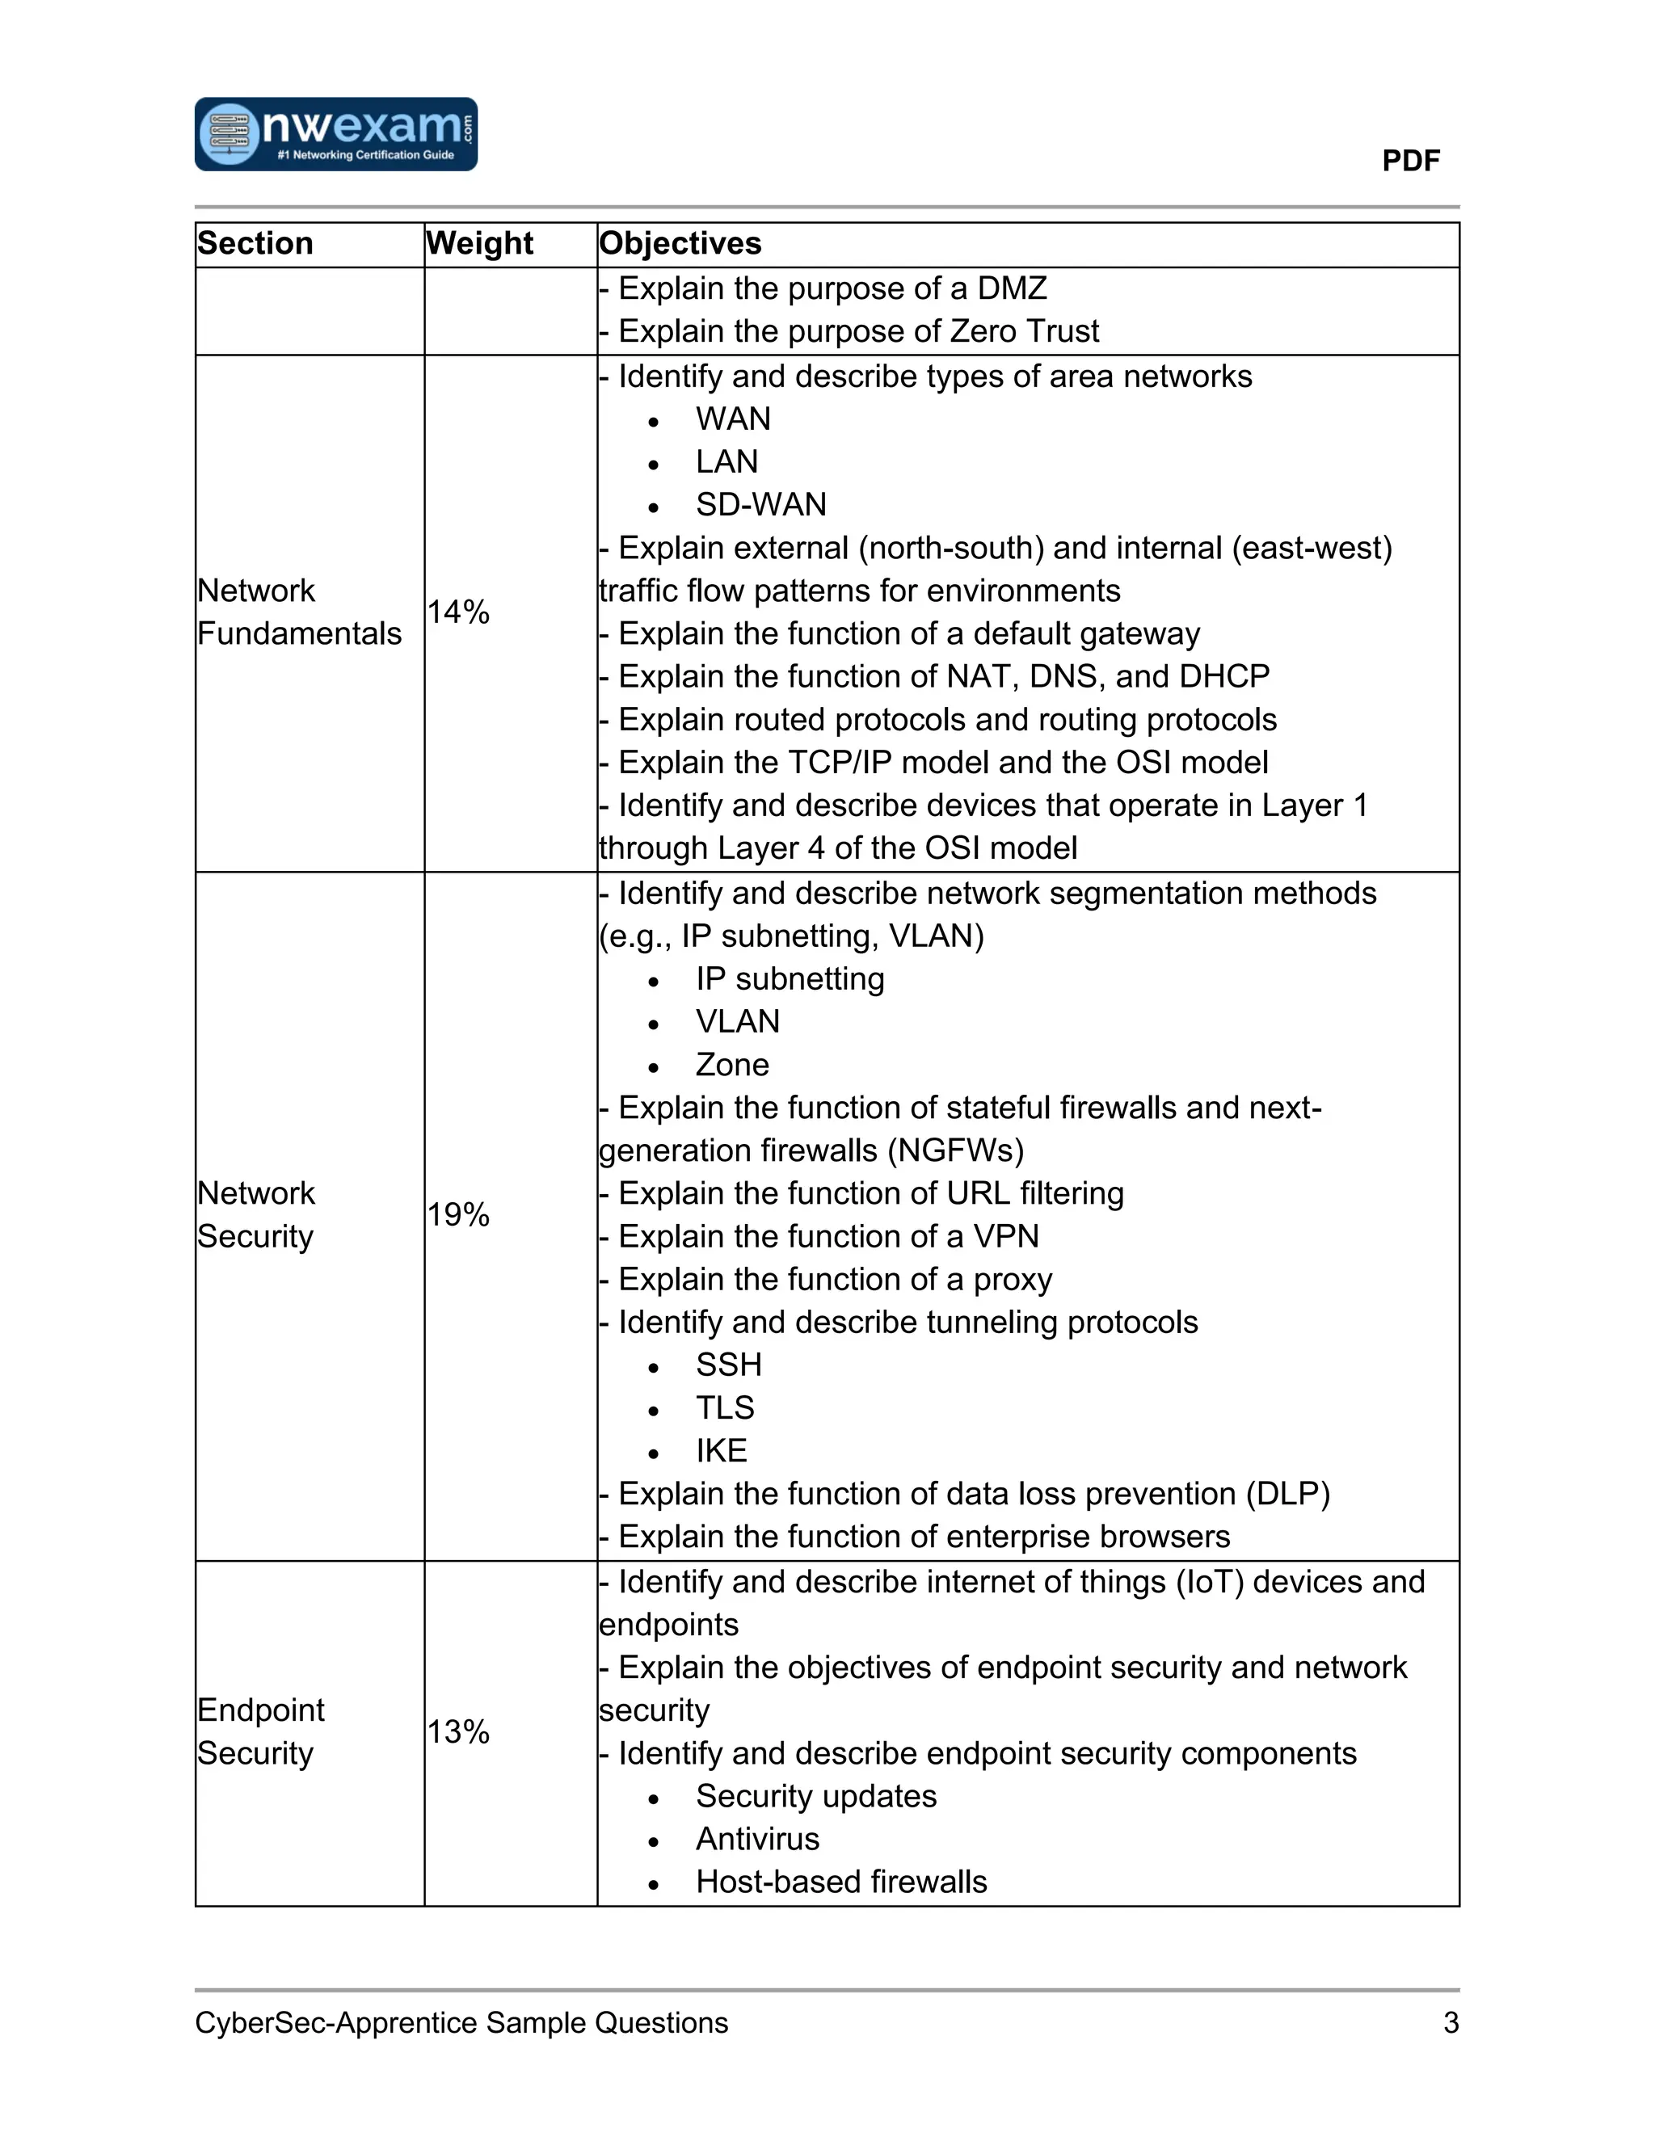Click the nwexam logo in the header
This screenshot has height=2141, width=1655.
click(x=335, y=134)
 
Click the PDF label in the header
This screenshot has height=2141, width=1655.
click(x=1410, y=161)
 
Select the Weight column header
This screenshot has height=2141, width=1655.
click(x=479, y=243)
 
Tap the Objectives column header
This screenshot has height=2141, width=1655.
click(x=680, y=243)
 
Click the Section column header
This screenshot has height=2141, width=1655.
click(x=255, y=243)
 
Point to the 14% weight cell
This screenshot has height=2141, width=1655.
click(x=458, y=612)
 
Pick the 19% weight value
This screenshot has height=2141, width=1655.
click(x=458, y=1214)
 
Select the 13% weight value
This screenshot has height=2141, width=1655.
click(x=458, y=1731)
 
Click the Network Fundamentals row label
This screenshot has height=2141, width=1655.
click(x=298, y=612)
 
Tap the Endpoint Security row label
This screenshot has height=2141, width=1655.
click(x=260, y=1731)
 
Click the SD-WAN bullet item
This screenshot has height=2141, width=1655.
click(x=760, y=505)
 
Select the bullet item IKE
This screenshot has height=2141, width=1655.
click(x=721, y=1451)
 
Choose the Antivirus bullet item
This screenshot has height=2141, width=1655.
click(x=757, y=1839)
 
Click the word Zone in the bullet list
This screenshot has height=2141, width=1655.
click(x=731, y=1065)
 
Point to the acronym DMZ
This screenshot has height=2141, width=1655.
click(x=1012, y=288)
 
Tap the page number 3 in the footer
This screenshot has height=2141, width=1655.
click(x=1450, y=2022)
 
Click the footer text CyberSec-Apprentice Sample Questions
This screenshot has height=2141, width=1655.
click(x=461, y=2022)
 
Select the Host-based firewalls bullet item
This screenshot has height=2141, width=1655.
click(x=840, y=1882)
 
